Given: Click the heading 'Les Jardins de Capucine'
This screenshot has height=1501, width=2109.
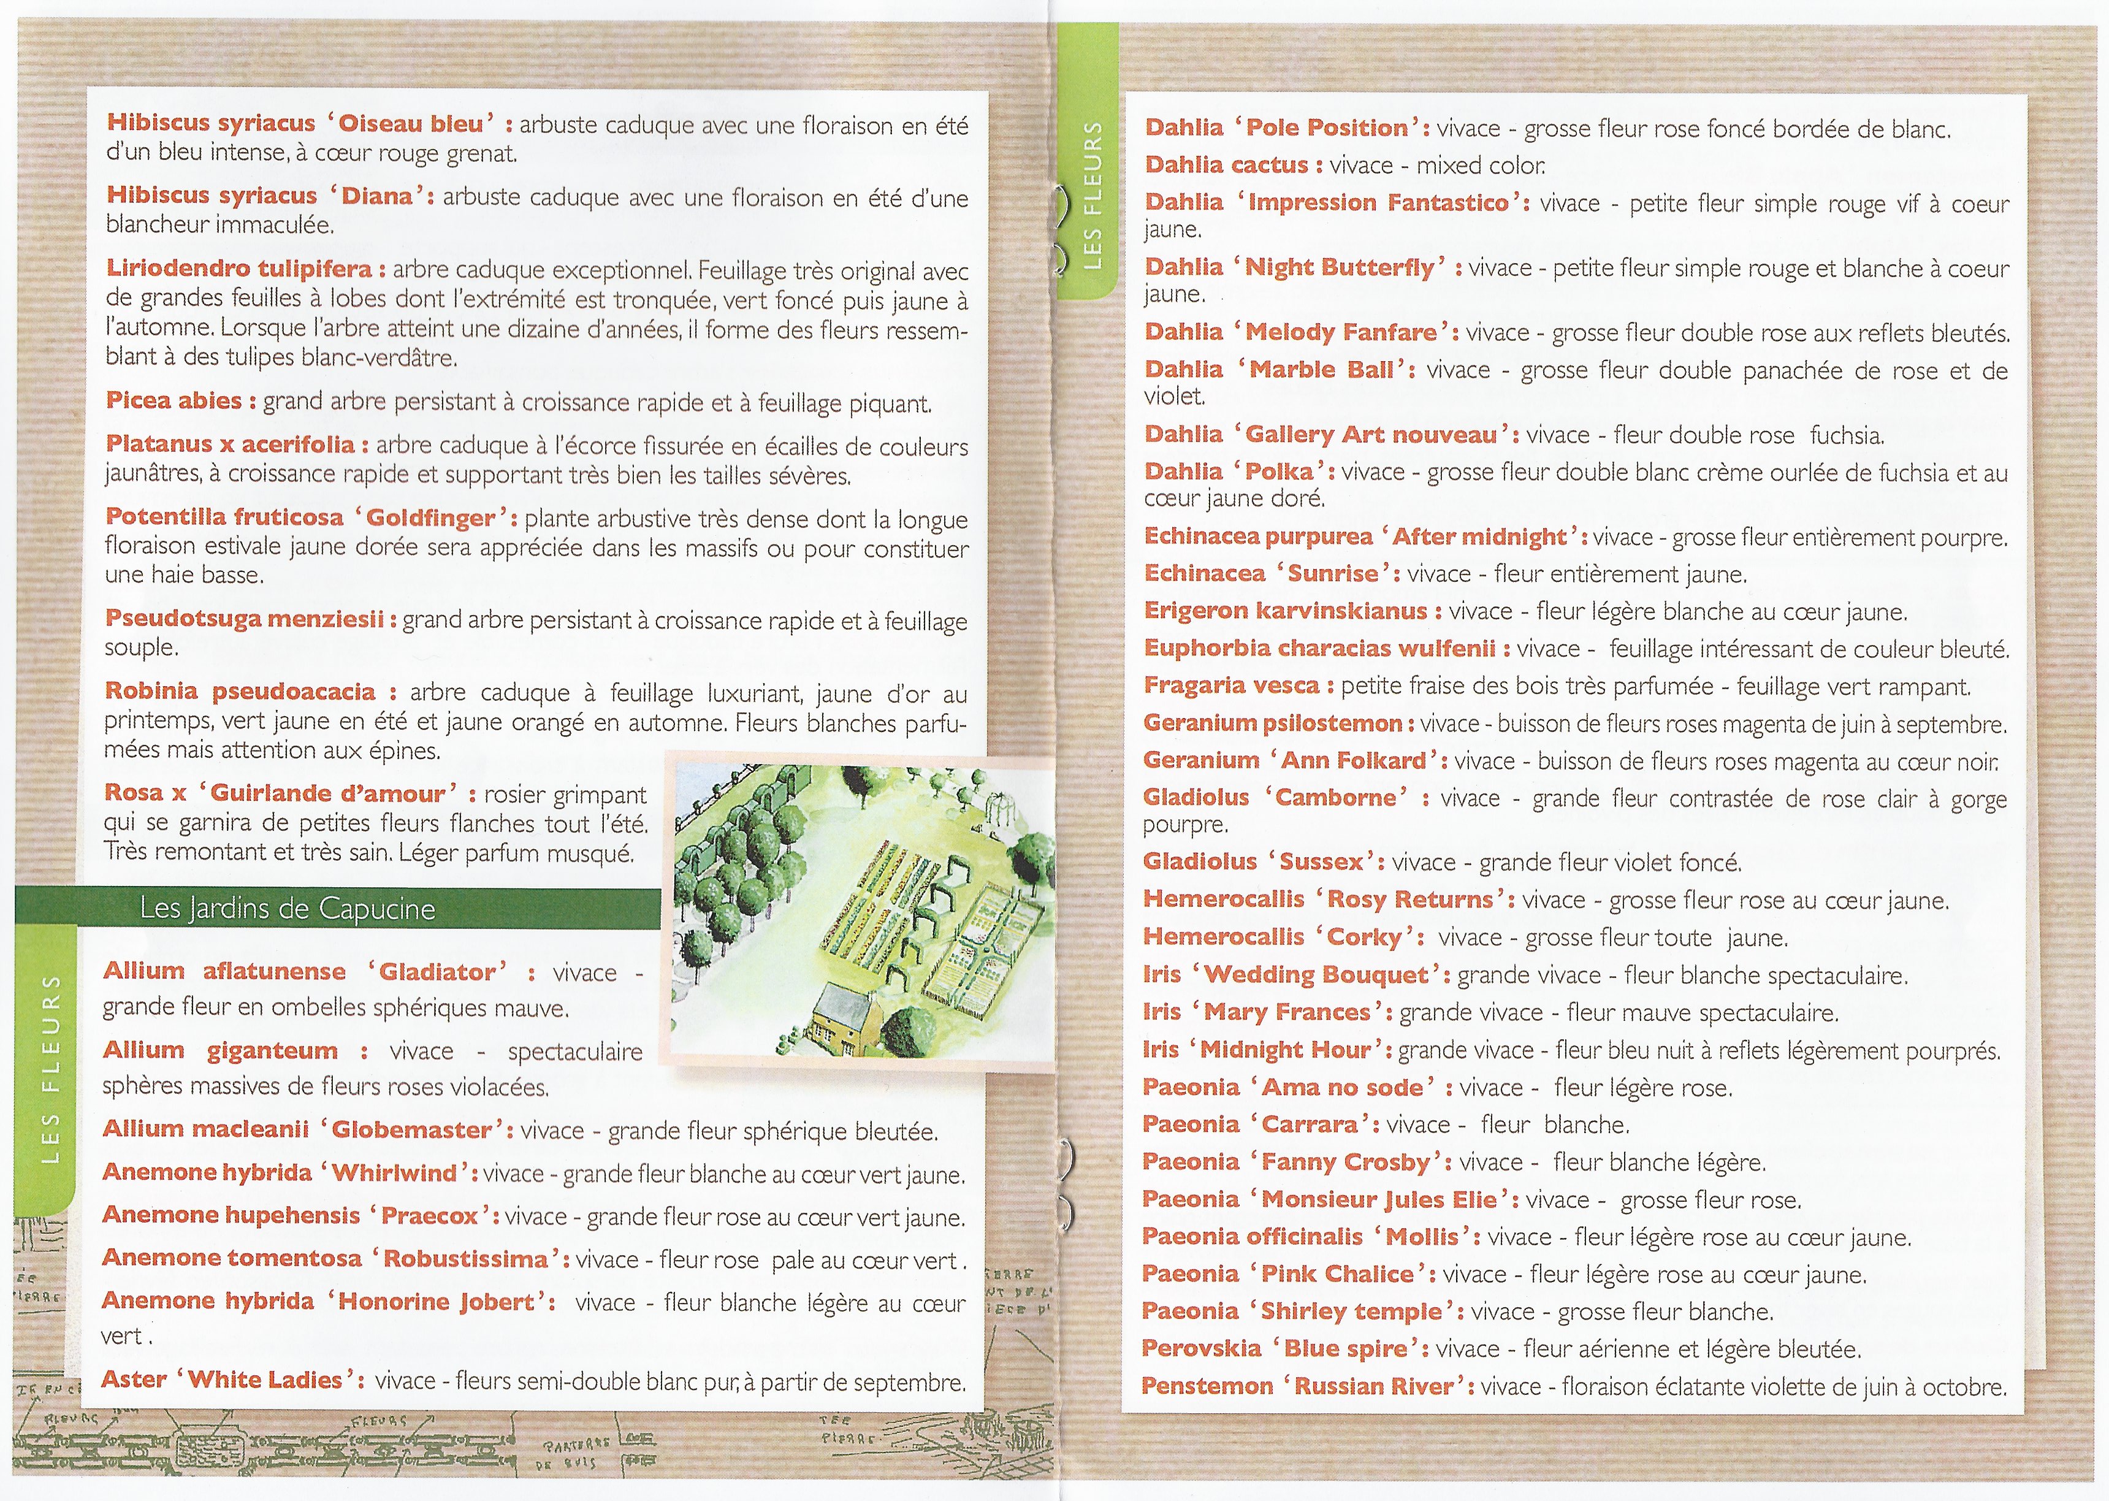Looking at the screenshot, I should tap(288, 909).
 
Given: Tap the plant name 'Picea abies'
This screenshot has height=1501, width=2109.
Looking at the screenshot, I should tap(174, 400).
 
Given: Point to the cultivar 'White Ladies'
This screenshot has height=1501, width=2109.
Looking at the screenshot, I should tap(265, 1380).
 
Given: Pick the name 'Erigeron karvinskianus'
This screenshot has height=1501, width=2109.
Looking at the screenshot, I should tap(1286, 611).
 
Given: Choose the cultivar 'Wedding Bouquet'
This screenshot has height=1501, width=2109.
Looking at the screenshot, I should tap(1316, 974).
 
